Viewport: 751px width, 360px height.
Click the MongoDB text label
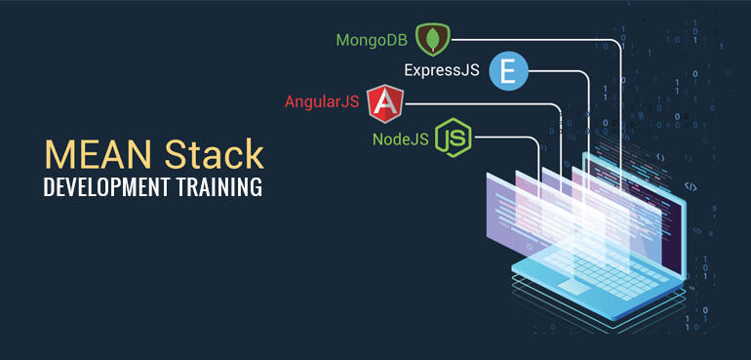coord(371,40)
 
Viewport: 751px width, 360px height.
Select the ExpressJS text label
coord(441,70)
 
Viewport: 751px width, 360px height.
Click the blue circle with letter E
coord(508,70)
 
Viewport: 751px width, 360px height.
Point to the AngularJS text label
coord(321,102)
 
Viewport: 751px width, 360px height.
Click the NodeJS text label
coord(401,139)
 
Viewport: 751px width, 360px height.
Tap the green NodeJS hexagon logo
coord(454,139)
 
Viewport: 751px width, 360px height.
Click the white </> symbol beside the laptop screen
coord(691,185)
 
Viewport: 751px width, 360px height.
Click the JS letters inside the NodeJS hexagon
coord(454,139)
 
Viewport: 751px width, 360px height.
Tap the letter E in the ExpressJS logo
coord(508,70)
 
